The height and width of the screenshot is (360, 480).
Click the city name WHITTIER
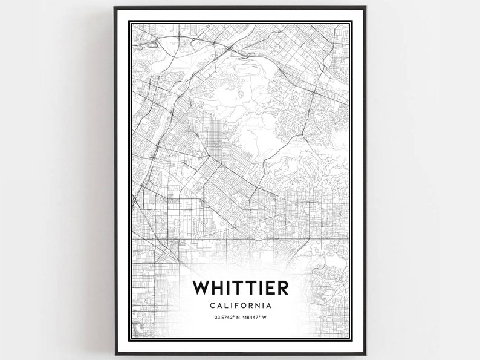[x=240, y=287]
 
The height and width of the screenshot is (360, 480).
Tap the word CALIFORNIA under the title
[x=240, y=306]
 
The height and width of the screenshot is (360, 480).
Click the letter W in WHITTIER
[x=202, y=287]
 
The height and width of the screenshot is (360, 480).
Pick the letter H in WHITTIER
[x=219, y=287]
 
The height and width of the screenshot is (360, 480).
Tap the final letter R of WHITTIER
[x=280, y=287]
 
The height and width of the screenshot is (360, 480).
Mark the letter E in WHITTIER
[x=267, y=287]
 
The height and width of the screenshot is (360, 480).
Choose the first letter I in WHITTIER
[x=230, y=287]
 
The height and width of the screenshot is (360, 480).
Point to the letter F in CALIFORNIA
[x=236, y=306]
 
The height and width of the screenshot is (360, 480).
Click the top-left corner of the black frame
[x=114, y=8]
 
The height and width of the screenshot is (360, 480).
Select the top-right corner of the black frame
[x=366, y=8]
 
